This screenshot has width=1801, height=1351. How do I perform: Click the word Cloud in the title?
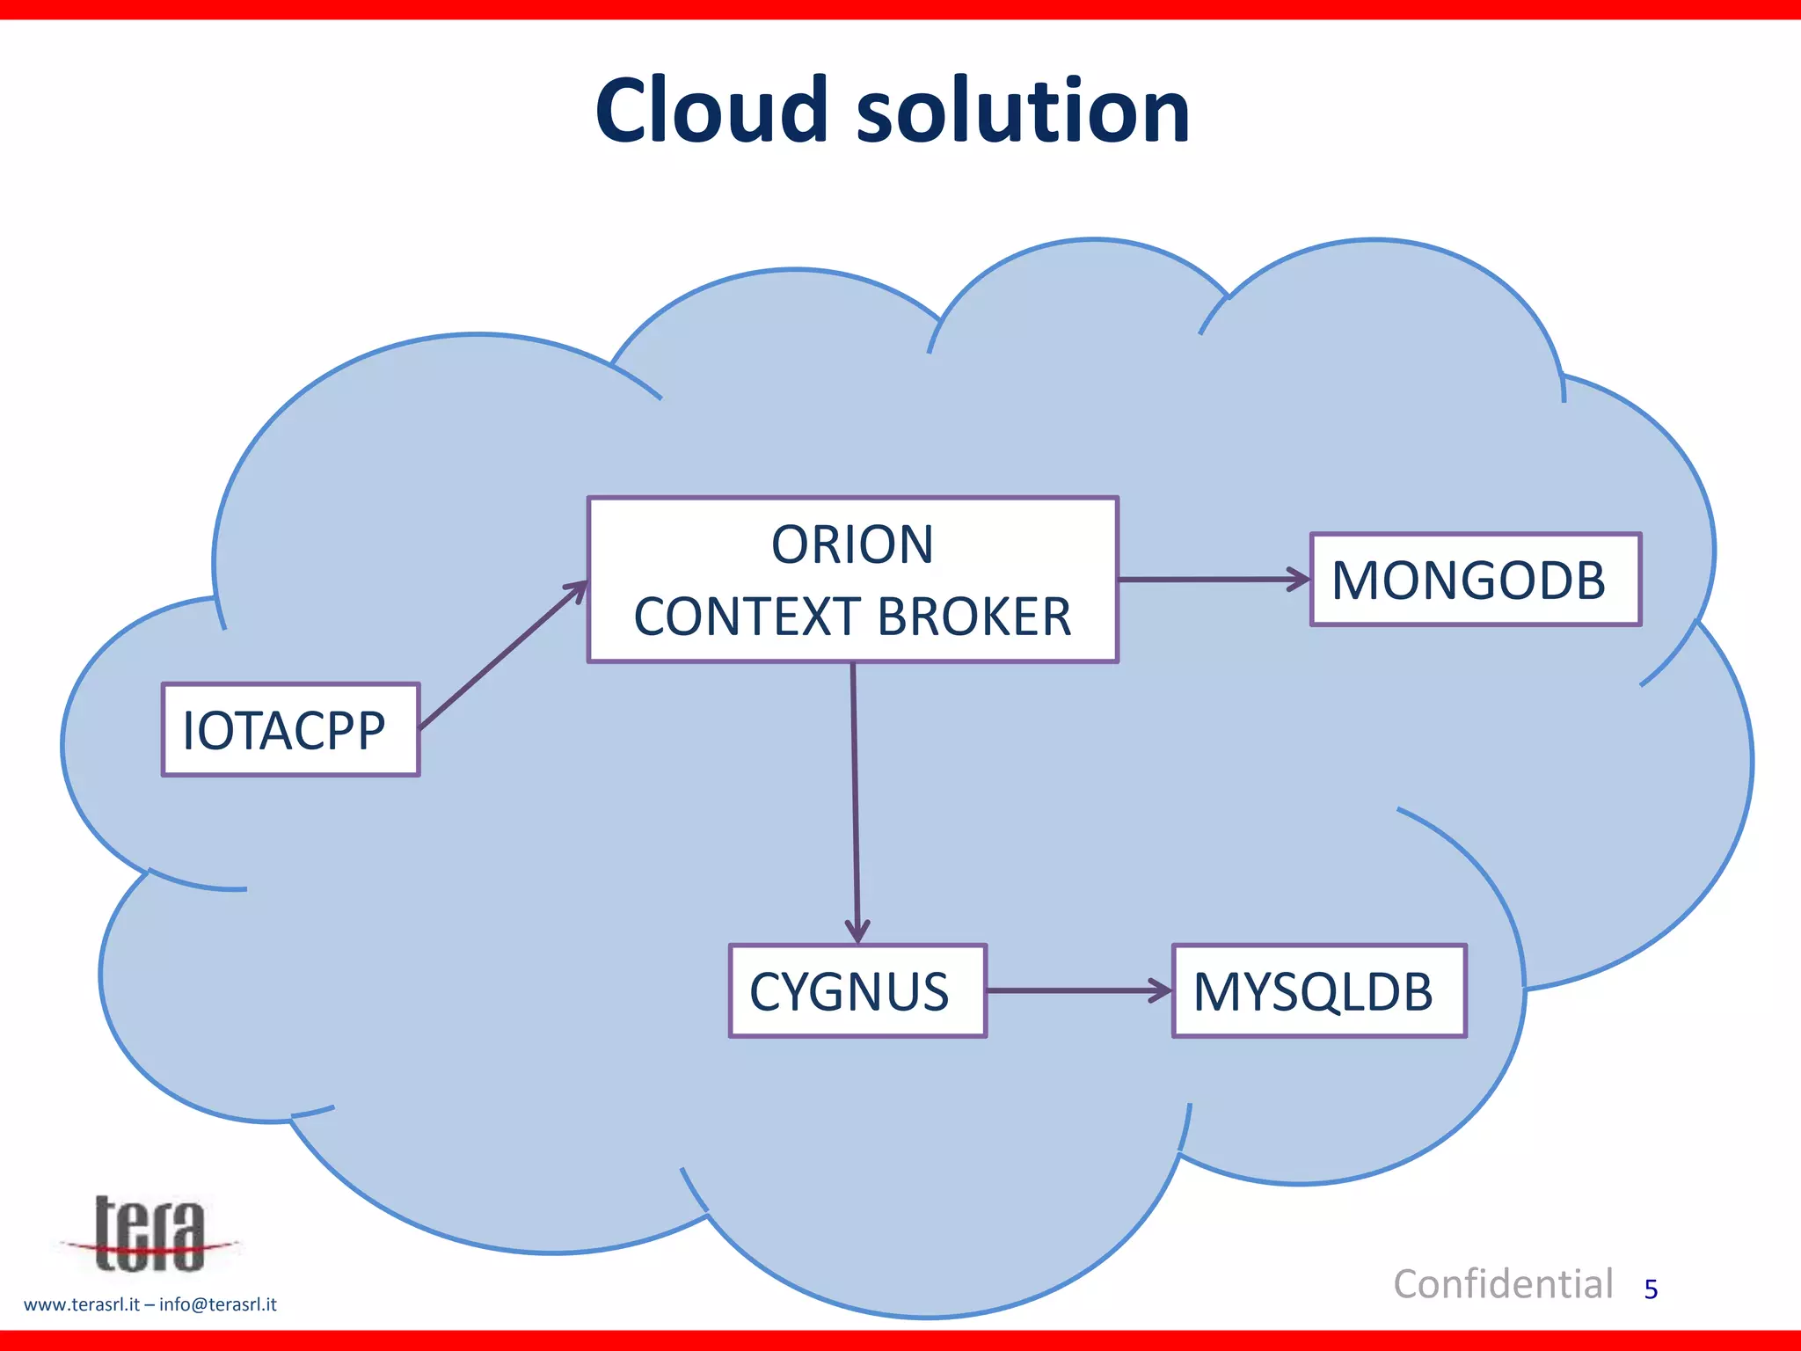click(711, 112)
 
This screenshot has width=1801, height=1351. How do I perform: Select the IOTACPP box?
click(290, 730)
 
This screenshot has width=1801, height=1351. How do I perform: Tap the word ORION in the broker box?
click(852, 544)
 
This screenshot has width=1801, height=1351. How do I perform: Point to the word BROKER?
click(974, 617)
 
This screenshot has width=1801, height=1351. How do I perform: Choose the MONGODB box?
click(1475, 581)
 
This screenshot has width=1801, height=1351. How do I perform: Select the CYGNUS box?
click(857, 991)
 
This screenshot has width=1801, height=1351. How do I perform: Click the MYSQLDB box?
click(1318, 991)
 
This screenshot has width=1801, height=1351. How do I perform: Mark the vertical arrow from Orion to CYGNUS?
click(855, 792)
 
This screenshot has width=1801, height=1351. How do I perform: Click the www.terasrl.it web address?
click(81, 1304)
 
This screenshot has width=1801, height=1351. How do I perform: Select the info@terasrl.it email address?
click(218, 1304)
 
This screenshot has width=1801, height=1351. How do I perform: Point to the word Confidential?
click(1503, 1284)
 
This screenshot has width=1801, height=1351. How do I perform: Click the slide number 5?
click(1651, 1289)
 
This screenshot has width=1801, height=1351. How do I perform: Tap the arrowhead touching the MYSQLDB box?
click(1161, 991)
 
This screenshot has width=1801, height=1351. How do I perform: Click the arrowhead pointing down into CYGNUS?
click(857, 931)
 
